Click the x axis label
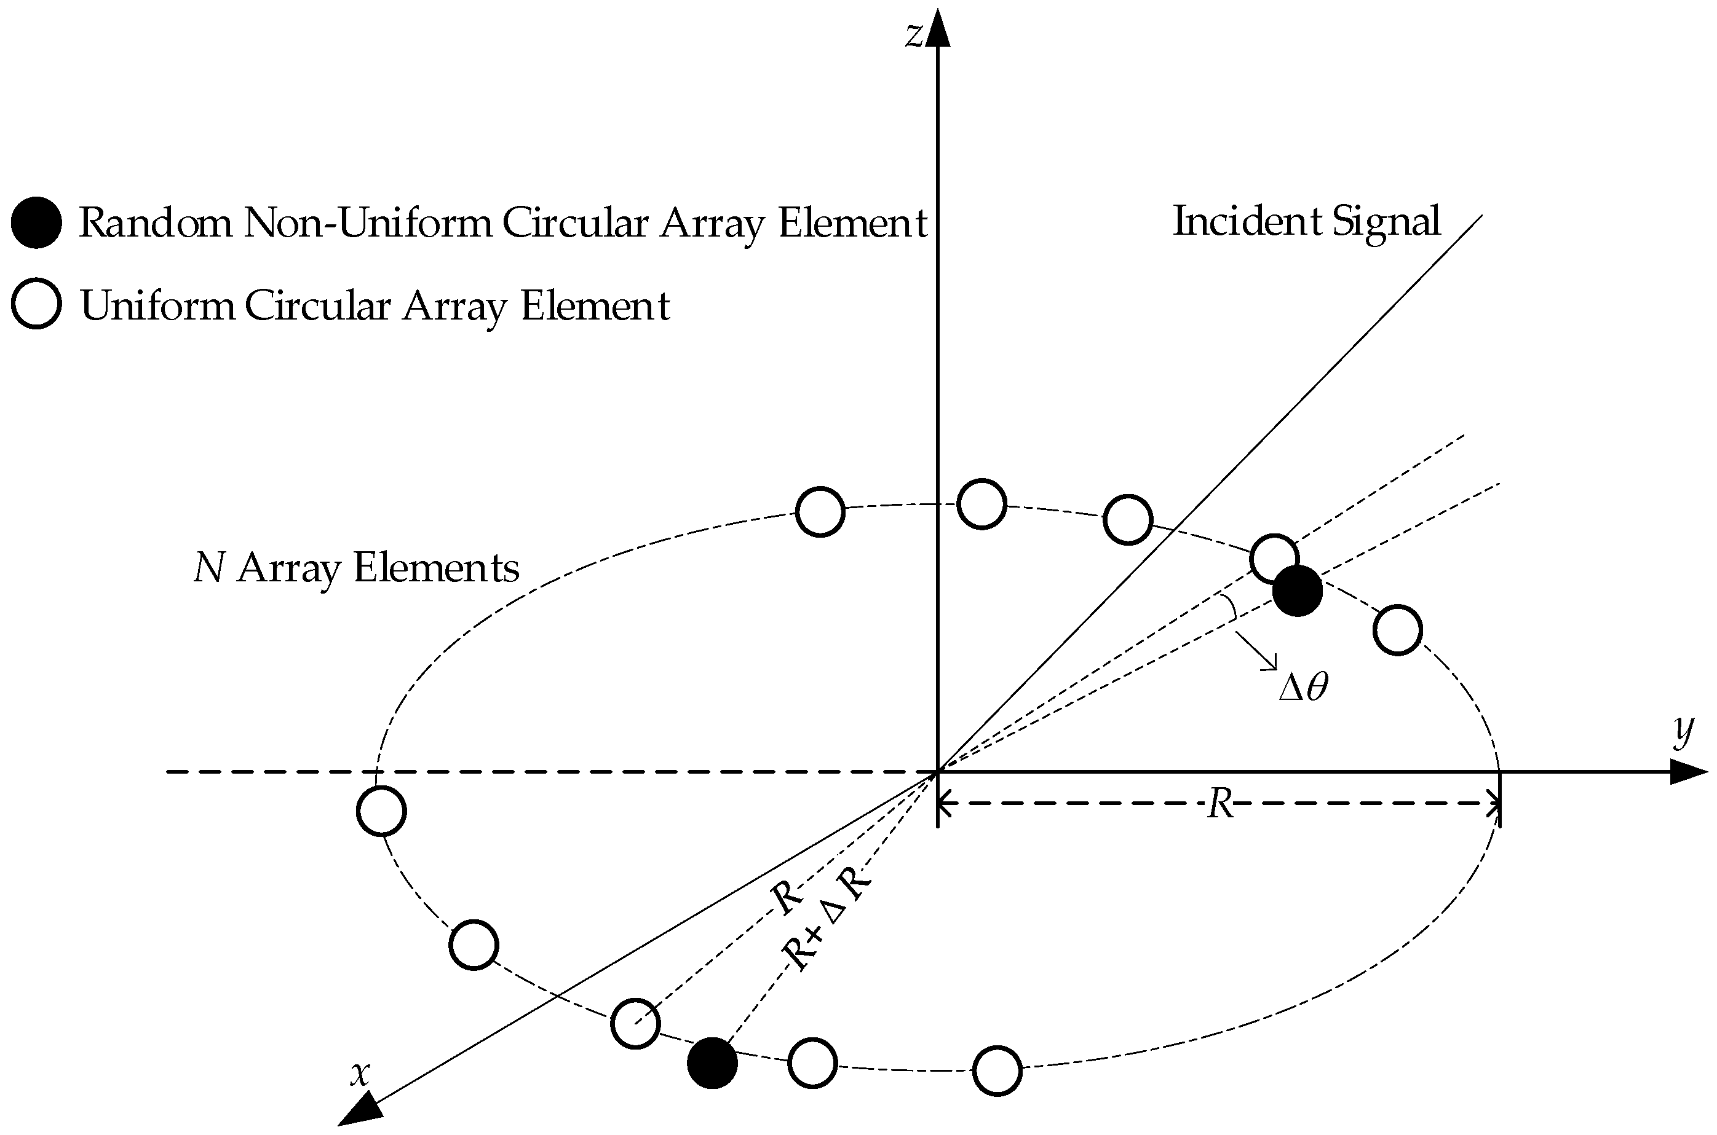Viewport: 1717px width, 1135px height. (x=360, y=1074)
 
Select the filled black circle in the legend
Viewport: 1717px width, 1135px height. (x=36, y=222)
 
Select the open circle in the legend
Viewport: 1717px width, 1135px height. (x=36, y=304)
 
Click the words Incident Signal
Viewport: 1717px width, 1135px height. (x=1306, y=221)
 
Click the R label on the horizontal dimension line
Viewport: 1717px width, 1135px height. (x=1220, y=804)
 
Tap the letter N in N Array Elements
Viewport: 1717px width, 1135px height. (x=208, y=568)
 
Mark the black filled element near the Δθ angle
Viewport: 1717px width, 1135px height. (x=1298, y=591)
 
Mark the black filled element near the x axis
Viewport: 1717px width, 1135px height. (x=712, y=1062)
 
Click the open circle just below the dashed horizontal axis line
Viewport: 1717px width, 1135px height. (x=382, y=811)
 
